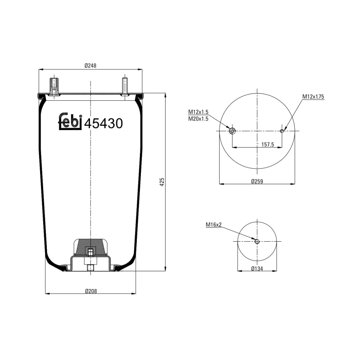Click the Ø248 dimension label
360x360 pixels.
tap(90, 66)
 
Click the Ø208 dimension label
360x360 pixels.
tap(90, 290)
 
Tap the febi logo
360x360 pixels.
tap(71, 122)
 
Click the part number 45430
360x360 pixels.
tap(103, 123)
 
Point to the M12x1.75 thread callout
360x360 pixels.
tap(313, 97)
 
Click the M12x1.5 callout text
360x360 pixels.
tap(198, 112)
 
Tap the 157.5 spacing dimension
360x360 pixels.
tap(268, 144)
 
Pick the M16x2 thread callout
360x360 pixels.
tap(214, 225)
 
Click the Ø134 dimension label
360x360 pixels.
tap(257, 269)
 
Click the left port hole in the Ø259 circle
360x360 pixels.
tap(232, 131)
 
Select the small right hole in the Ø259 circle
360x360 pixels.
tap(282, 131)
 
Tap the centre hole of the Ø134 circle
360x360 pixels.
tap(257, 242)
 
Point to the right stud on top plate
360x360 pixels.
tap(125, 86)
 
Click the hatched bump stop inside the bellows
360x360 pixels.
tap(90, 246)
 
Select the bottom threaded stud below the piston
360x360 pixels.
tap(90, 268)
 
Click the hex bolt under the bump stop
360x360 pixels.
tap(90, 252)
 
